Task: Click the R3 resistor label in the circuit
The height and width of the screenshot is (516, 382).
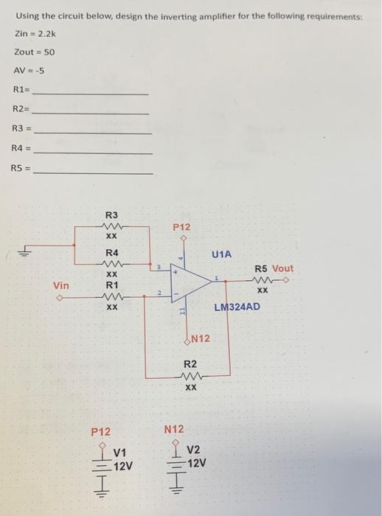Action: [x=112, y=215]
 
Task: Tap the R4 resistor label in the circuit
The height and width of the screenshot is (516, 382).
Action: [x=112, y=253]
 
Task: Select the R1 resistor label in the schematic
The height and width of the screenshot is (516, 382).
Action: [x=112, y=285]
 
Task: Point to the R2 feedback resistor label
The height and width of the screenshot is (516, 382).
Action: [x=190, y=363]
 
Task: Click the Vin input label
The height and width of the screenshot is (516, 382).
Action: [x=62, y=285]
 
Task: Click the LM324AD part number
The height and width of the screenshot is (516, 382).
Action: [x=237, y=307]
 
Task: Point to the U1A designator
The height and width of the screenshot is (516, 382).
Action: [x=221, y=254]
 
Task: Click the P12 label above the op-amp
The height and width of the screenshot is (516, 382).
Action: [x=182, y=228]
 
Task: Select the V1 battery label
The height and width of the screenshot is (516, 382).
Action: [x=120, y=451]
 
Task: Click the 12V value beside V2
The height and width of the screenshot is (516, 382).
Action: [x=197, y=463]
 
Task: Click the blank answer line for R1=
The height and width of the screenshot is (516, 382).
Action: [x=91, y=94]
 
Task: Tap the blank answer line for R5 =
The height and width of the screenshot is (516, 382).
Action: [x=94, y=172]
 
